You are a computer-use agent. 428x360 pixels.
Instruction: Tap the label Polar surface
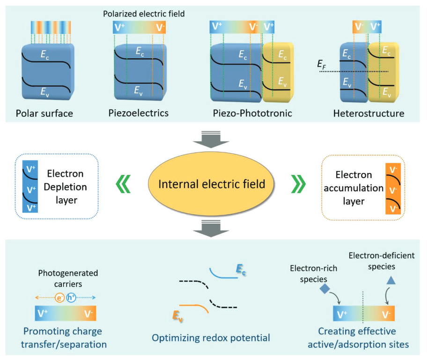(44, 113)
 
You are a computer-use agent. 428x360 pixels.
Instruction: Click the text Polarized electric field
(144, 14)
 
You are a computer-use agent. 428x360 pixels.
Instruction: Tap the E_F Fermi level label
(322, 67)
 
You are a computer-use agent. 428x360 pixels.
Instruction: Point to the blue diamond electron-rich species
(325, 288)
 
